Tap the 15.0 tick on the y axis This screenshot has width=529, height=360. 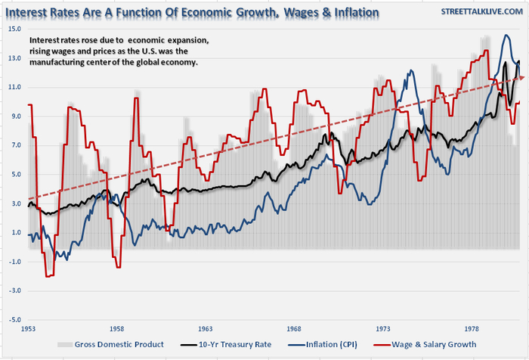click(16, 29)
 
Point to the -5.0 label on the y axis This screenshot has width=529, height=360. click(16, 319)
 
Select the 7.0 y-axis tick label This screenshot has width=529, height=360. click(16, 146)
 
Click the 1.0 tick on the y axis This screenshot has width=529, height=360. click(16, 232)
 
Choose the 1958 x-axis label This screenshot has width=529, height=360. click(116, 330)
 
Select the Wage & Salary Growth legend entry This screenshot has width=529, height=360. click(427, 345)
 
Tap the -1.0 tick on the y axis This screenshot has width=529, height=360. click(16, 262)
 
